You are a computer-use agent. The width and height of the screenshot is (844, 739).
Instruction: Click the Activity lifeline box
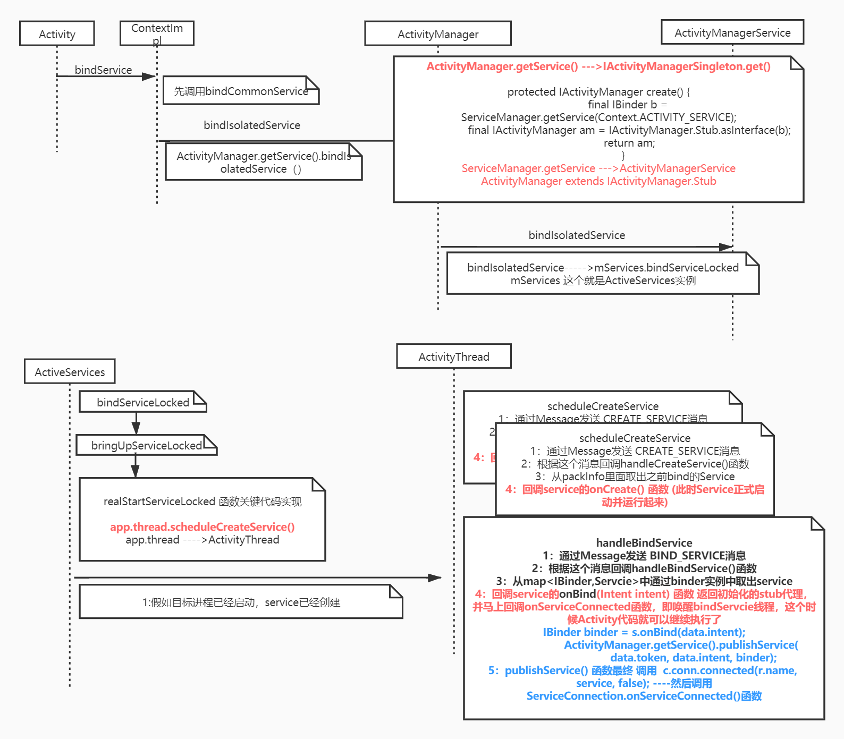coord(57,33)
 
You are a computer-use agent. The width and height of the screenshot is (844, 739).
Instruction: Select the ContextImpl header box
coord(157,33)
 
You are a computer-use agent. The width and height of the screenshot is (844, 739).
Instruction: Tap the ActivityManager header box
coord(438,33)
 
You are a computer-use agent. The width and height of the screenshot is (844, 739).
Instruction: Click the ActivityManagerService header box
coord(732,32)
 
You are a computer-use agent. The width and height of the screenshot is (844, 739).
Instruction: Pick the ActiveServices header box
coord(70,371)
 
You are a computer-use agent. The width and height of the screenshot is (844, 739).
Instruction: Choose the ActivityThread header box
coord(454,356)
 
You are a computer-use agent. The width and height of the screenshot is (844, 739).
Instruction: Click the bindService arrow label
coord(103,70)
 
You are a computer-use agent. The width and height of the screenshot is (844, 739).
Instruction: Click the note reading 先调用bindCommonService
coord(241,91)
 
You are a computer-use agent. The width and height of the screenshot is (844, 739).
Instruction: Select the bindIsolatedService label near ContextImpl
coord(252,125)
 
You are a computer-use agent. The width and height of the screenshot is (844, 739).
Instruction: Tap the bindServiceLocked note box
coord(142,402)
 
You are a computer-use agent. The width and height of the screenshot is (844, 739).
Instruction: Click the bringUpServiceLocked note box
coord(146,445)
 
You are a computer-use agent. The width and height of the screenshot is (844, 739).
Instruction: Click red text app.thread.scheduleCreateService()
coord(202,526)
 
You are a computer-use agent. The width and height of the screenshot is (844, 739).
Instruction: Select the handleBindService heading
coord(644,542)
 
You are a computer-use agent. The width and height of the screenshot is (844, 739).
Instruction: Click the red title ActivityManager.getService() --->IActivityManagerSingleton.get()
coord(598,66)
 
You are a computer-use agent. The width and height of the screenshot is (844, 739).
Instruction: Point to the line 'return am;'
coord(629,142)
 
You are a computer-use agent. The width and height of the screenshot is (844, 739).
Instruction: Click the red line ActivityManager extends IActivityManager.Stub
coord(598,181)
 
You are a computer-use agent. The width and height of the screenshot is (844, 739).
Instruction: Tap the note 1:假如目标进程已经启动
coord(241,602)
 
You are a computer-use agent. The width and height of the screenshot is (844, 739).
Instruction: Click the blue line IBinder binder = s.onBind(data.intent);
coord(644,632)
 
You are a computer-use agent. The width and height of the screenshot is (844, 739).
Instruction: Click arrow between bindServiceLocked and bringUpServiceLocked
coord(136,423)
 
